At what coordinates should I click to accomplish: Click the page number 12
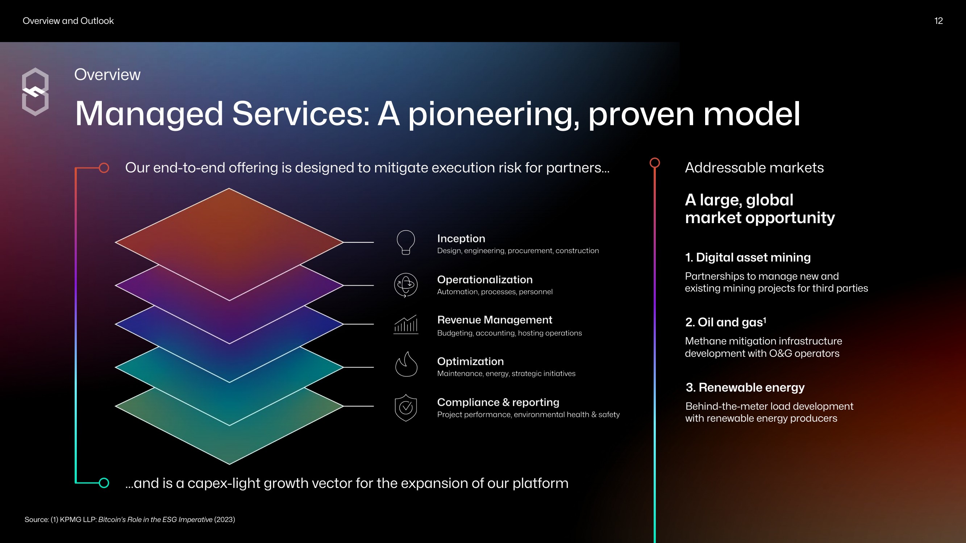coord(938,21)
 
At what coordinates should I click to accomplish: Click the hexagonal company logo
coord(35,92)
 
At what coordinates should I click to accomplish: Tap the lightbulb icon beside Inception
coord(406,243)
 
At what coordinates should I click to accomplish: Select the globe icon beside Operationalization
coord(406,285)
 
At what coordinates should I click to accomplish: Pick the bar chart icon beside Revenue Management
coord(406,324)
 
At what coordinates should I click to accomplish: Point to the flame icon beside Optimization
coord(406,364)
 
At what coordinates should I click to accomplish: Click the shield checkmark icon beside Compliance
coord(406,408)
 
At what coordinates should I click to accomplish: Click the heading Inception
coord(461,238)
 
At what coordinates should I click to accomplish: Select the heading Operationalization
coord(484,279)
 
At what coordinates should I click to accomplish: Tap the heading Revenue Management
coord(495,320)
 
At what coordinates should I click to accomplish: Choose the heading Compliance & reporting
coord(498,402)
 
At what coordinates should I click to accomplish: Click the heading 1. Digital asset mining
coord(748,258)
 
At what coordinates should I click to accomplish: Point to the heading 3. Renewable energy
coord(745,387)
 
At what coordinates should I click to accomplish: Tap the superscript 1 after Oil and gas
coord(765,319)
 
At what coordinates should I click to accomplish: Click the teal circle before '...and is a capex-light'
coord(104,483)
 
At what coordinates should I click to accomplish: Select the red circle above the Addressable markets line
coord(655,163)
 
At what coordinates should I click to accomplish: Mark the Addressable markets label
coord(754,168)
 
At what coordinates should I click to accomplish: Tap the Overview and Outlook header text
coord(68,21)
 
